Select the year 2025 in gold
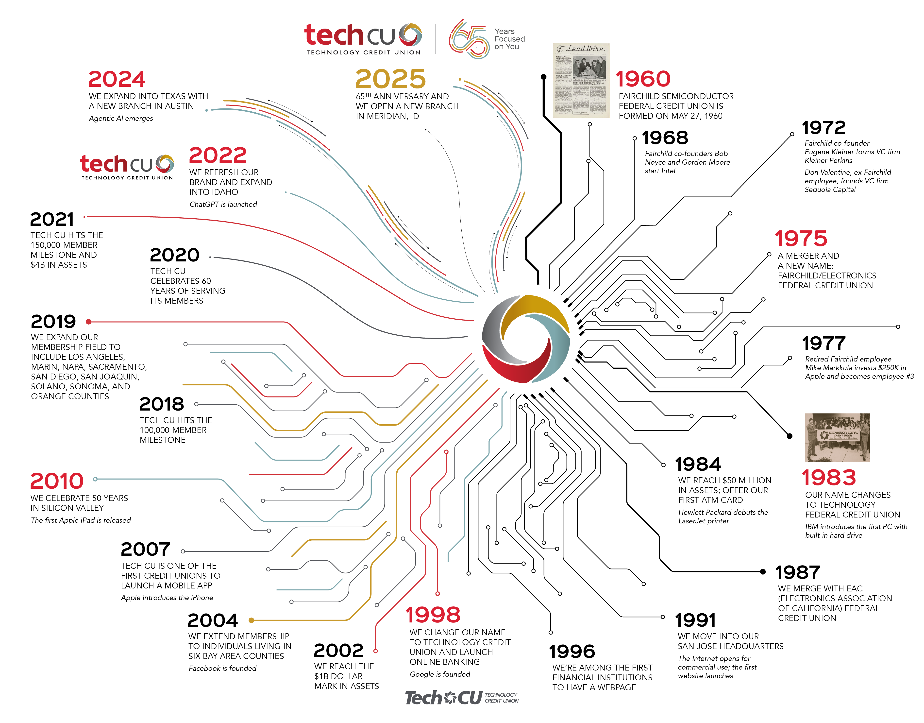pyautogui.click(x=390, y=79)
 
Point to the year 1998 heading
pyautogui.click(x=433, y=615)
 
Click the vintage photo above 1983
pyautogui.click(x=837, y=437)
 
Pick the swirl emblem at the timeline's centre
pyautogui.click(x=525, y=339)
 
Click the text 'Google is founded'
pyautogui.click(x=439, y=674)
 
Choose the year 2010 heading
pyautogui.click(x=57, y=481)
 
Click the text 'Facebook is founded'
pyautogui.click(x=222, y=668)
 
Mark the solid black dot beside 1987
pyautogui.click(x=763, y=572)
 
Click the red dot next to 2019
pyautogui.click(x=88, y=322)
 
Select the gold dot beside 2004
pyautogui.click(x=251, y=620)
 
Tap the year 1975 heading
pyautogui.click(x=800, y=239)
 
